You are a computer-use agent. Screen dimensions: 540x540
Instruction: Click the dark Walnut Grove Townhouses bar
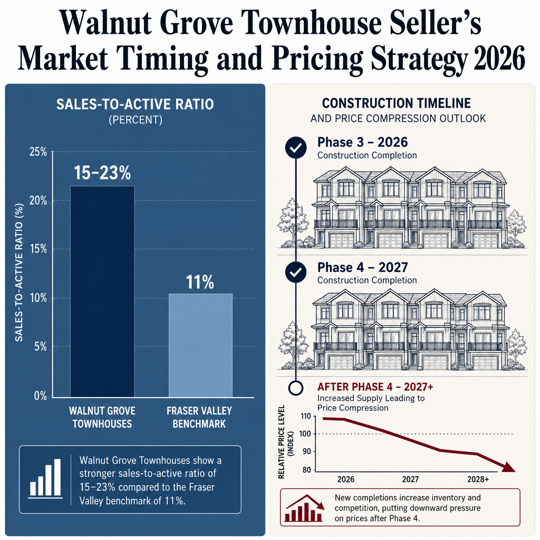(x=102, y=292)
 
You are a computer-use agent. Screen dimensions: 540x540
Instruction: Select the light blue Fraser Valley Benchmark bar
(x=200, y=345)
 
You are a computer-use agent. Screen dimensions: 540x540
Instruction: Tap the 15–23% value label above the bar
(x=102, y=173)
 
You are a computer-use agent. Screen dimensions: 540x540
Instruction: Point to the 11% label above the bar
(x=200, y=282)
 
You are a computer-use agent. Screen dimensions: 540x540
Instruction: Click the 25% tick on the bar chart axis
(x=38, y=152)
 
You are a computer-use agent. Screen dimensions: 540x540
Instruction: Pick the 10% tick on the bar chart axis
(x=38, y=298)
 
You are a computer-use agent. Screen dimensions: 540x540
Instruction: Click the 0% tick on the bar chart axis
(x=40, y=396)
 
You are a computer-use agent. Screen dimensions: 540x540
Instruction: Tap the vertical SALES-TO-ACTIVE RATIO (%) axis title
(x=19, y=273)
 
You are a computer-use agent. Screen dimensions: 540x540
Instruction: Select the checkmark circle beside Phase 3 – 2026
(x=296, y=148)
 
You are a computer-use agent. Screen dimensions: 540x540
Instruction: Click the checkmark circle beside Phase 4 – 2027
(x=296, y=273)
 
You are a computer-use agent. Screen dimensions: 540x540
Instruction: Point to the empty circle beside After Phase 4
(x=296, y=388)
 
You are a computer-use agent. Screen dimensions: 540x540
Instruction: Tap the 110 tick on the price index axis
(x=305, y=416)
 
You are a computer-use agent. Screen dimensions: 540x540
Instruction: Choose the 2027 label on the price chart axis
(x=410, y=479)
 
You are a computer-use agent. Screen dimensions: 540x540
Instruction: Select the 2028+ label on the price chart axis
(x=478, y=479)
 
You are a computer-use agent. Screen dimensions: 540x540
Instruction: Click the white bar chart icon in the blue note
(x=46, y=479)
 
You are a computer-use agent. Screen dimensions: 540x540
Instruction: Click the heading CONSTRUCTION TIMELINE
(x=397, y=103)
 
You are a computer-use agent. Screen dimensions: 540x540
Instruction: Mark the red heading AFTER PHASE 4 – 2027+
(x=375, y=387)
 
